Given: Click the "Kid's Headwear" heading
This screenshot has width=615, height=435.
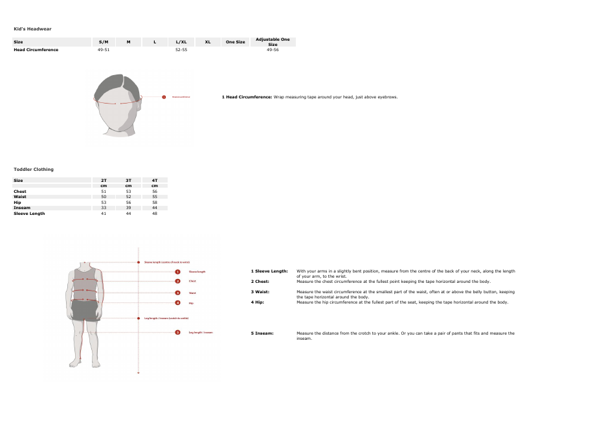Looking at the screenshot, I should pyautogui.click(x=32, y=28).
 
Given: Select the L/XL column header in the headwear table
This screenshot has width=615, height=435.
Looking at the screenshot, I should pyautogui.click(x=181, y=42).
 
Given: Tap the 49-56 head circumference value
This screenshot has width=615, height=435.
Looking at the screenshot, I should pyautogui.click(x=273, y=50).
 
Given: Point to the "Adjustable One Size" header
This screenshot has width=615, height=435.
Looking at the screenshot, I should pyautogui.click(x=273, y=42).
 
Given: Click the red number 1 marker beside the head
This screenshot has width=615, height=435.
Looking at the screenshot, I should pyautogui.click(x=164, y=97).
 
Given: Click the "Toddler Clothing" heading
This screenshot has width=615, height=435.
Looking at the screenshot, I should pyautogui.click(x=34, y=169).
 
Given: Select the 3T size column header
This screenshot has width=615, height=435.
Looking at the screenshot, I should pyautogui.click(x=128, y=180).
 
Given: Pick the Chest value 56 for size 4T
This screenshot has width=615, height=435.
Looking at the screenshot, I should pyautogui.click(x=155, y=192).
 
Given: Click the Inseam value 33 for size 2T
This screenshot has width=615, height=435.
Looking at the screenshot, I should pyautogui.click(x=104, y=208).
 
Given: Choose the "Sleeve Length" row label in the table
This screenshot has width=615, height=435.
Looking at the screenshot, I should pyautogui.click(x=29, y=213).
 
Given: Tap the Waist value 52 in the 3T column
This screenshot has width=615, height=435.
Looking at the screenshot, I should pyautogui.click(x=128, y=197).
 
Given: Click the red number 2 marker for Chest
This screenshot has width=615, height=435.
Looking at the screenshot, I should pyautogui.click(x=177, y=282).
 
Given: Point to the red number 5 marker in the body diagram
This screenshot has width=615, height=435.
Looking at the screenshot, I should pyautogui.click(x=177, y=332).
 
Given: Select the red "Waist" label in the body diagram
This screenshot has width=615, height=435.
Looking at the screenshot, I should pyautogui.click(x=192, y=293).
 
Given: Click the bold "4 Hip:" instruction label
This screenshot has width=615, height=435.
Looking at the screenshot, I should pyautogui.click(x=258, y=302).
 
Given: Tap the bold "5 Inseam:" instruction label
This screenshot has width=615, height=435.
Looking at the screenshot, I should pyautogui.click(x=262, y=333).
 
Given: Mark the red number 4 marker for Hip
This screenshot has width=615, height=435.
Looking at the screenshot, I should pyautogui.click(x=177, y=303).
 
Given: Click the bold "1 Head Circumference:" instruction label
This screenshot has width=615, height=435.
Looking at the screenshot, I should pyautogui.click(x=247, y=97).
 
